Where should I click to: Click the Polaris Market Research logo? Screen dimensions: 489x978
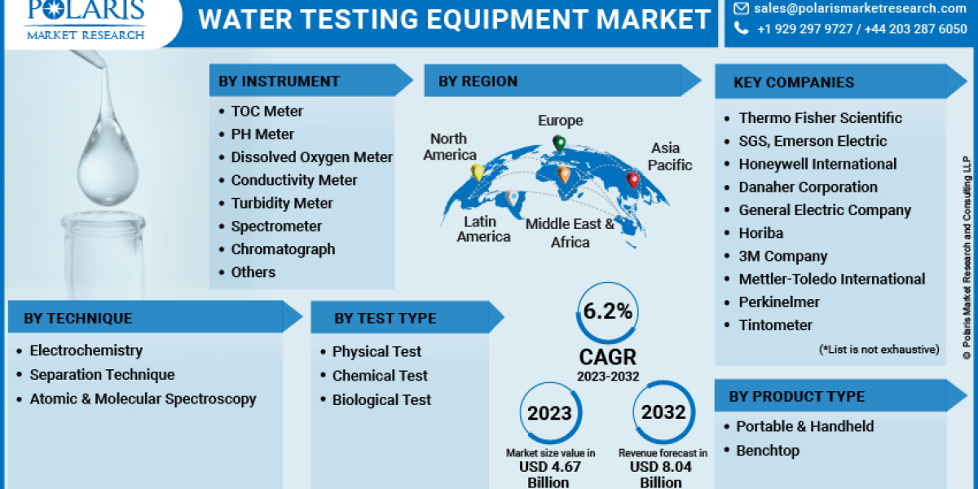[85, 20]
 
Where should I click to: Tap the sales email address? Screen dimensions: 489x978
[860, 9]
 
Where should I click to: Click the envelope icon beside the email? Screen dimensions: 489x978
[740, 9]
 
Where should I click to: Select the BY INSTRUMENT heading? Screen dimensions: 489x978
[278, 81]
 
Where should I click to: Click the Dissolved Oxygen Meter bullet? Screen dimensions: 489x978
[311, 157]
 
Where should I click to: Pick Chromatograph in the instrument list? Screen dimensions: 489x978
[282, 249]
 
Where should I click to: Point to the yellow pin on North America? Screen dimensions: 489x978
[478, 173]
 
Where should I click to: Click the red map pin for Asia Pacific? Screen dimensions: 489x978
[632, 180]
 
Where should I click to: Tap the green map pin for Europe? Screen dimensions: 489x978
[559, 144]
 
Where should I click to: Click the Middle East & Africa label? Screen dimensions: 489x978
[570, 232]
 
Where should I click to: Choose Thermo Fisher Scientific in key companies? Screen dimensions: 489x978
[820, 118]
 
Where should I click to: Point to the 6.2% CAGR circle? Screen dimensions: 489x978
[607, 311]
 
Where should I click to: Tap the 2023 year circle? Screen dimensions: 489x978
[549, 413]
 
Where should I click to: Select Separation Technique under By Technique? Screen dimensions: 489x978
[102, 375]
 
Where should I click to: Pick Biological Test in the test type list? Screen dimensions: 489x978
[381, 400]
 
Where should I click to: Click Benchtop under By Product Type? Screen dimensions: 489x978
[768, 451]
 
